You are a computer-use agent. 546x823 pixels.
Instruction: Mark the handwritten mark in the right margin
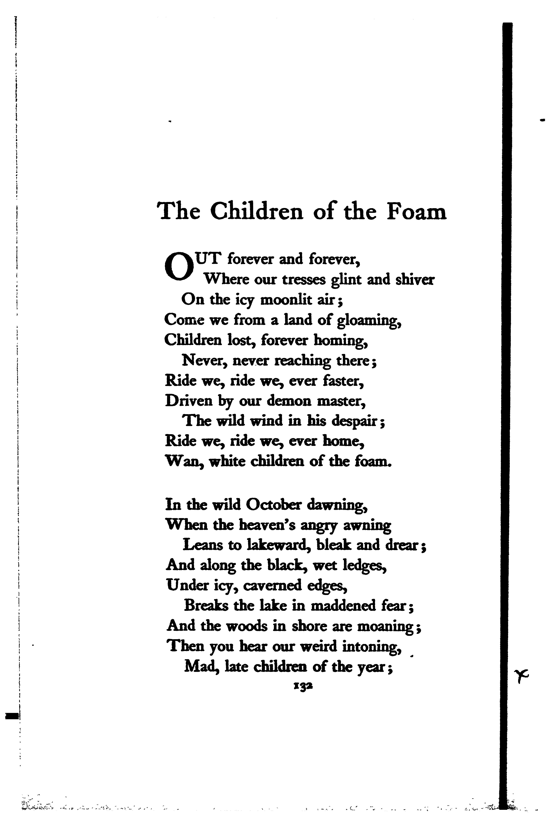click(x=521, y=675)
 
